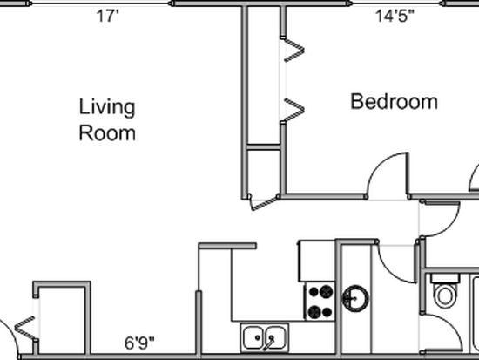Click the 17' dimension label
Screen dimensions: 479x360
(107, 16)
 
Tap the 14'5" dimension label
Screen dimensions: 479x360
(395, 16)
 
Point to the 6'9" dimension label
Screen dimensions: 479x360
(139, 343)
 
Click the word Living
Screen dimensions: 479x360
(107, 107)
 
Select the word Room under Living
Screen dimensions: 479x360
(107, 133)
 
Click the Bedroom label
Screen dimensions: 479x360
(394, 101)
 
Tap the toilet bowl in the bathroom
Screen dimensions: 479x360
(445, 295)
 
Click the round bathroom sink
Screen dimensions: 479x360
(355, 298)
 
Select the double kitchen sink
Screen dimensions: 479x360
(265, 337)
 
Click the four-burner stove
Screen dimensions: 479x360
(320, 302)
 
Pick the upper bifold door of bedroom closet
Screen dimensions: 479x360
(293, 50)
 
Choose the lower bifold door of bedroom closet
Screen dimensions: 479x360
(293, 110)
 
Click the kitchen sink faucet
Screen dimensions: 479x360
(269, 343)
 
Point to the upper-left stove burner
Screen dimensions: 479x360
(314, 291)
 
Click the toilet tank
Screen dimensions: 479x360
(445, 278)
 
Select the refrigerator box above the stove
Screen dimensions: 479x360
(317, 261)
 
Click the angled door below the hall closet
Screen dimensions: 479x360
(263, 203)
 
